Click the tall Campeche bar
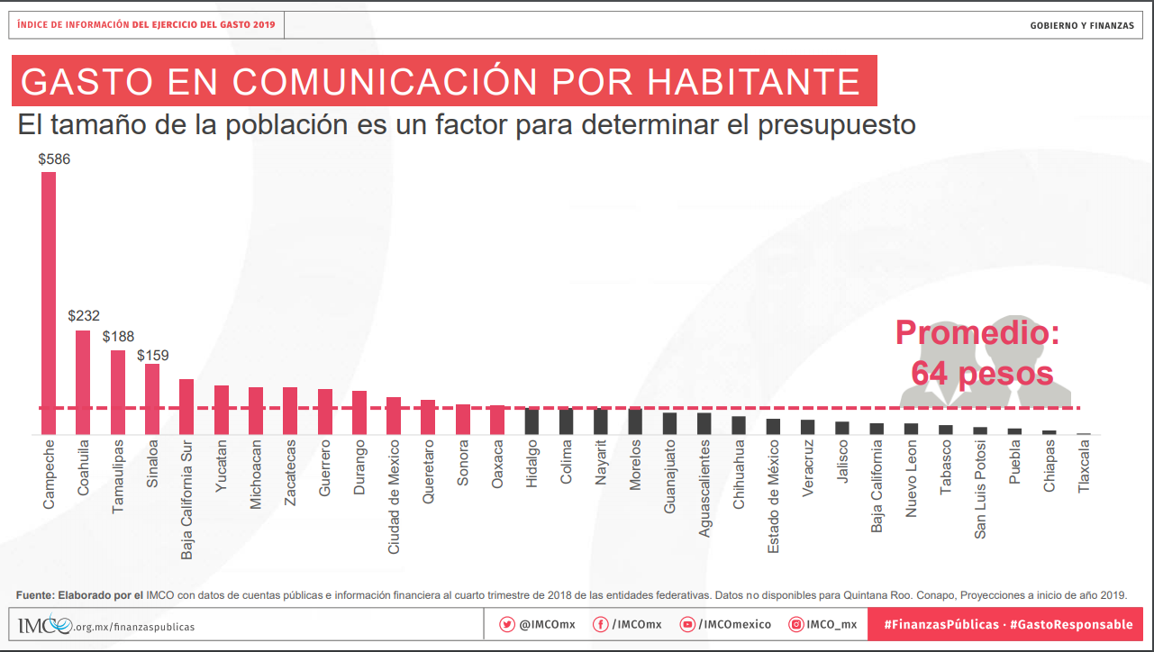pos(49,303)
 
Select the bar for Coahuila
pos(83,383)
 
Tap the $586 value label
pos(54,158)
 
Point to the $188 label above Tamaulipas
pos(119,337)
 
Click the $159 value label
pos(153,355)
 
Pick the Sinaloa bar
pos(152,399)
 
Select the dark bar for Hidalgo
pos(532,421)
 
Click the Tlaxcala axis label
pos(1084,465)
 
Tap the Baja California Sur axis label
pos(187,499)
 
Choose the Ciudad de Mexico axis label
pos(395,496)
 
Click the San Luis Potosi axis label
pos(980,489)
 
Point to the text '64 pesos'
pos(982,373)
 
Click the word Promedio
pos(977,332)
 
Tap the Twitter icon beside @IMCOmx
pos(507,625)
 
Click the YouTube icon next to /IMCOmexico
pos(687,625)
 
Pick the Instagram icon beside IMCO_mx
pos(796,625)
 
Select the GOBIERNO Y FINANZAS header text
pos(1082,25)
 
